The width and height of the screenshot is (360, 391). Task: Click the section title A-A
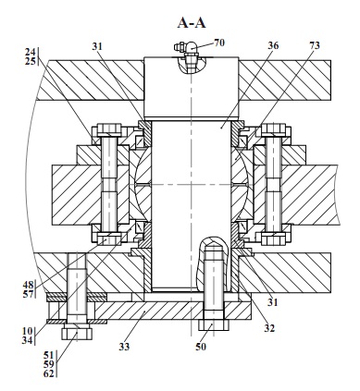click(x=192, y=23)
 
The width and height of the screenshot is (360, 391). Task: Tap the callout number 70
click(x=219, y=43)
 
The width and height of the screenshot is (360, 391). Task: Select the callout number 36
click(x=273, y=45)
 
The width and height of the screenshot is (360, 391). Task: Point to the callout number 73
click(x=315, y=45)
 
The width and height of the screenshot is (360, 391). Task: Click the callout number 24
click(x=31, y=52)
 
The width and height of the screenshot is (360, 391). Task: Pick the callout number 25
click(x=31, y=61)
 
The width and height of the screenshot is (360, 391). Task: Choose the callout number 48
click(x=28, y=285)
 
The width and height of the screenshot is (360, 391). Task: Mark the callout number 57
click(x=28, y=294)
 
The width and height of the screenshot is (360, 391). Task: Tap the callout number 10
click(x=27, y=331)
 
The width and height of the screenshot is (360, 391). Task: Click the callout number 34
click(x=27, y=340)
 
